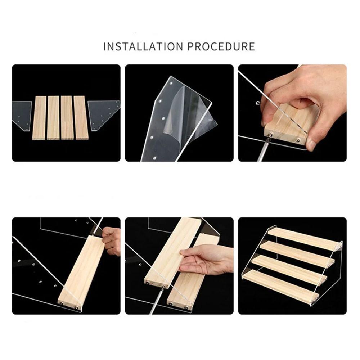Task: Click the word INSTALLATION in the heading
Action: (143, 46)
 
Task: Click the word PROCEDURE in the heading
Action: (220, 46)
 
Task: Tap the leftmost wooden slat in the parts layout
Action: (39, 118)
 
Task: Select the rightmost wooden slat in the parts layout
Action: (81, 118)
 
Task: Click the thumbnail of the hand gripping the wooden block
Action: (292, 113)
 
